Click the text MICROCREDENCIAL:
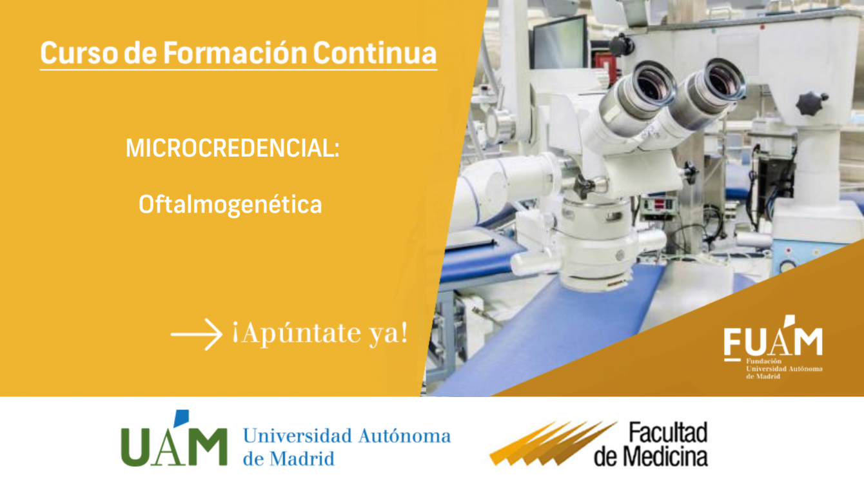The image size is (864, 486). tap(233, 148)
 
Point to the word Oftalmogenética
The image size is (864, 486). tap(230, 204)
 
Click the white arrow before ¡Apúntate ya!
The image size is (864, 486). tap(196, 335)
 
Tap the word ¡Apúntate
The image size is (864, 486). tap(296, 333)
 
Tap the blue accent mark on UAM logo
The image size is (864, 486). tap(181, 418)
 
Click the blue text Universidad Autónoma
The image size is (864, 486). tap(347, 436)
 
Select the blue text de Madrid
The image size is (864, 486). tap(288, 459)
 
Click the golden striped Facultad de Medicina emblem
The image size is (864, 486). tap(553, 443)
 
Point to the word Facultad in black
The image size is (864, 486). tap(669, 432)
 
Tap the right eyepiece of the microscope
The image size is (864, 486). tap(708, 93)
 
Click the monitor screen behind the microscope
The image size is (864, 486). tap(559, 43)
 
